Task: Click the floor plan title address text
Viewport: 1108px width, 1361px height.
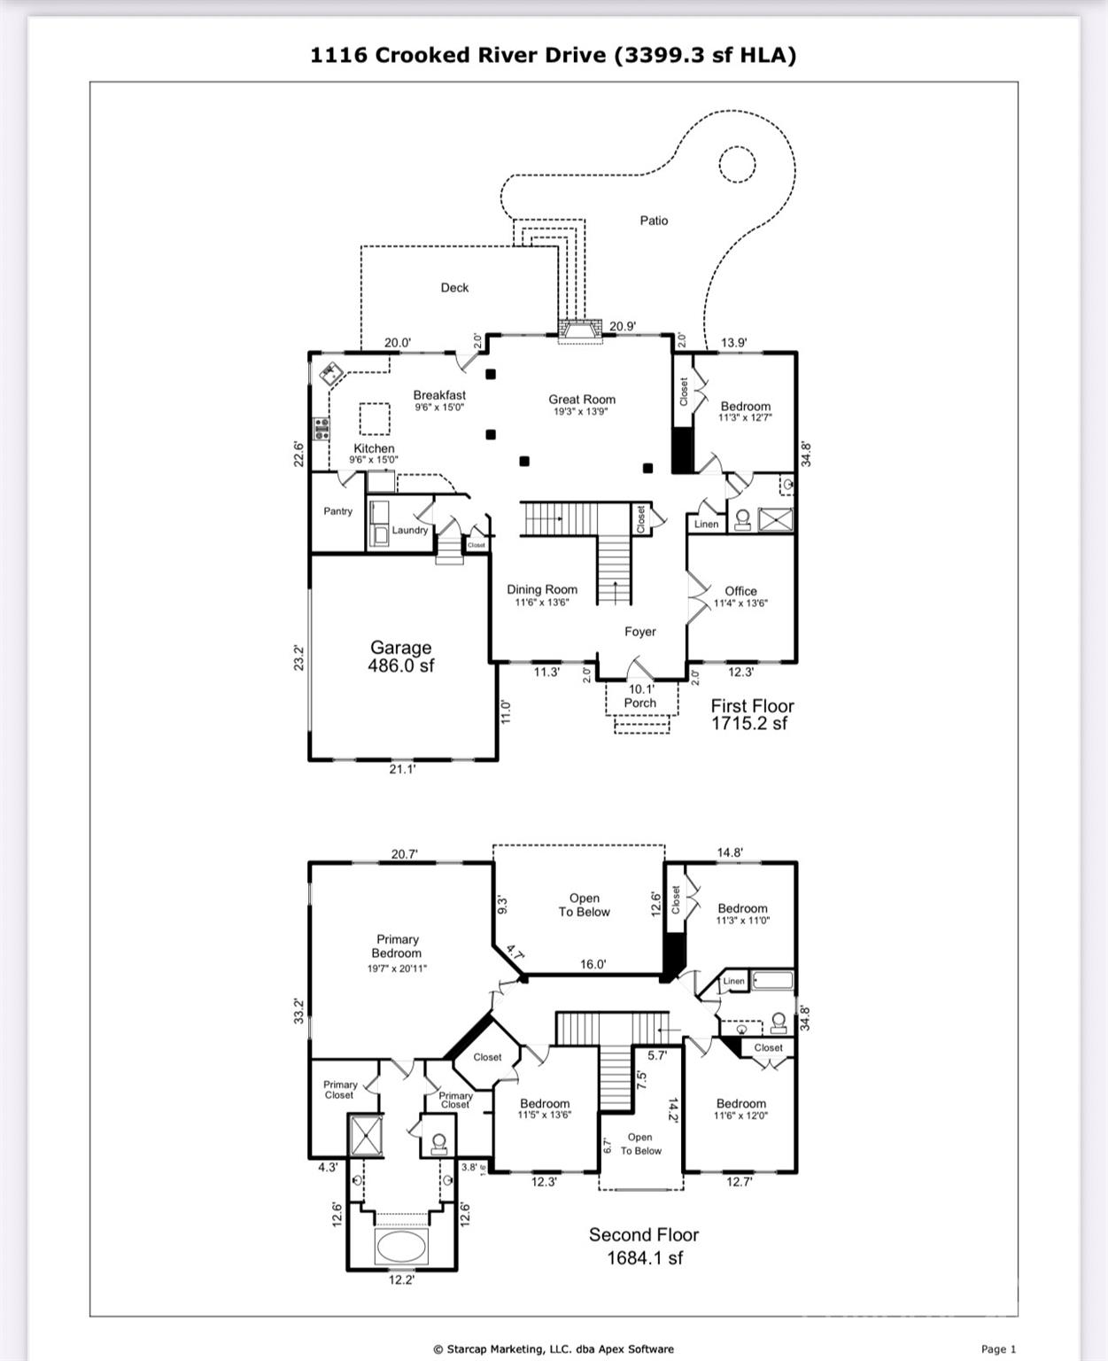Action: click(553, 55)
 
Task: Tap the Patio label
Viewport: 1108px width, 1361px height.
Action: click(654, 221)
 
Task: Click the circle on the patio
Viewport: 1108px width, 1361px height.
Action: click(736, 165)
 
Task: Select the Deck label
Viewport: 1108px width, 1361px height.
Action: click(454, 288)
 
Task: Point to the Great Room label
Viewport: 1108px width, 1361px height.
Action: click(581, 400)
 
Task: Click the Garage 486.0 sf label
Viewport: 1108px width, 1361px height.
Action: click(401, 657)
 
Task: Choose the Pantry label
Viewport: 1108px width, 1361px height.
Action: click(337, 511)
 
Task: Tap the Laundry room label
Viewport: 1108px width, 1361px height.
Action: click(410, 530)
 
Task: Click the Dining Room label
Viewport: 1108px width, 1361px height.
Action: click(542, 590)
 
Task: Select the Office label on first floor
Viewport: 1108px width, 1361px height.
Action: click(740, 591)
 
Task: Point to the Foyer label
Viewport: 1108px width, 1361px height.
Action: click(639, 632)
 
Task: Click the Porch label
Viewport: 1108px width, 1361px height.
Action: click(639, 703)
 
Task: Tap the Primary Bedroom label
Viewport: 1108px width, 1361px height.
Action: click(397, 946)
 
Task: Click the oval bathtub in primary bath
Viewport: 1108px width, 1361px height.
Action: click(401, 1247)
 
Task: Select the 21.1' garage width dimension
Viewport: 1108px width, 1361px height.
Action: click(402, 769)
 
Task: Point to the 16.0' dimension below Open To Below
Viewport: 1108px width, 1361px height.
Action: click(593, 964)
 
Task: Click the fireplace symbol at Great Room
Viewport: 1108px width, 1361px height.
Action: click(579, 331)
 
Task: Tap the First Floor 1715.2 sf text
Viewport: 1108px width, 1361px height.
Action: click(752, 714)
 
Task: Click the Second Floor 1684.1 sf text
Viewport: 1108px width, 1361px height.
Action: click(644, 1246)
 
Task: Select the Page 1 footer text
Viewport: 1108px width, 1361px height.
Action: click(998, 1349)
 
